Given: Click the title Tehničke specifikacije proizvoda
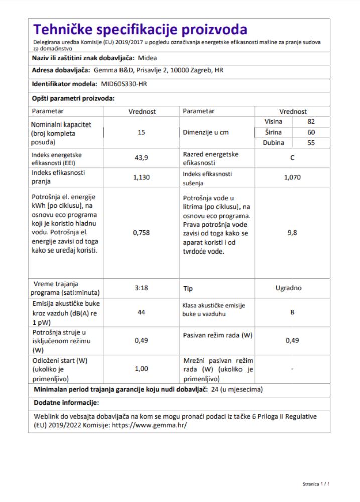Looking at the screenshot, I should click(x=140, y=29).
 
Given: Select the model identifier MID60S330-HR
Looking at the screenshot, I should click(x=124, y=84).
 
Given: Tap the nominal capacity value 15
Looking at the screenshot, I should click(x=141, y=133).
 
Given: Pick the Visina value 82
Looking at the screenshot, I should click(x=311, y=122).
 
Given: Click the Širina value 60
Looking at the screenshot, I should click(x=311, y=132).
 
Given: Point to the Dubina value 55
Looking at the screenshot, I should click(x=311, y=143).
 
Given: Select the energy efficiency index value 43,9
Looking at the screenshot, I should click(x=141, y=159).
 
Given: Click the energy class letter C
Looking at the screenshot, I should click(x=292, y=158).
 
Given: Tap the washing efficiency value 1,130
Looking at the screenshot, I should click(x=141, y=177).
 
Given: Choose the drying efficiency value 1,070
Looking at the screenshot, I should click(x=292, y=177).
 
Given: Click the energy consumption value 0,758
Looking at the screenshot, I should click(x=141, y=233).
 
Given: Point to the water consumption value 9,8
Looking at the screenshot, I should click(x=292, y=233).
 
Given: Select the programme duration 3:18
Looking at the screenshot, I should click(x=141, y=288).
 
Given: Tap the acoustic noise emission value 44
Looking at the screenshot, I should click(x=141, y=312).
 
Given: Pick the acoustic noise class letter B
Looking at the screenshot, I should click(x=292, y=312).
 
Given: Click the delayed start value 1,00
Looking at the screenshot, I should click(x=141, y=369).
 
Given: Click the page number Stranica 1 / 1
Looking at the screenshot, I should click(x=316, y=484).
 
